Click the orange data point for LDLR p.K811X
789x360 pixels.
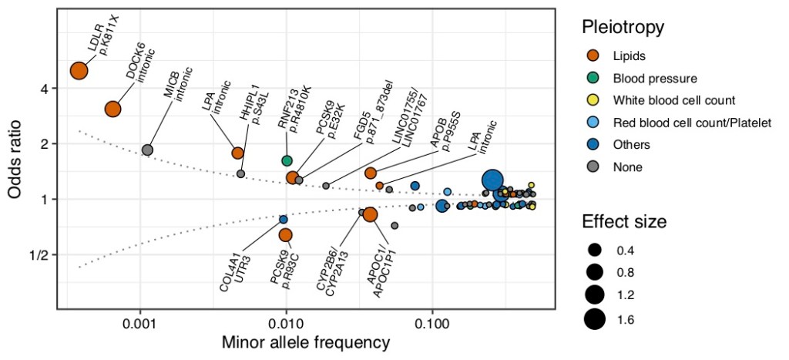[79, 71]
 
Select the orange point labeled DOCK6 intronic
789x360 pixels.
[112, 109]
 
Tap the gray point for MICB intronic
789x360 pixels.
[147, 150]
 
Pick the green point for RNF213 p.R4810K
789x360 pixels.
[287, 160]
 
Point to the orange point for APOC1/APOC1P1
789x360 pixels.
[370, 214]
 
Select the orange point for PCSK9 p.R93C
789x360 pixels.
[285, 234]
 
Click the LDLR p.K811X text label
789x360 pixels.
[102, 34]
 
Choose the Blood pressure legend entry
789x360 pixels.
[655, 78]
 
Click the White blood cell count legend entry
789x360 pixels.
[673, 100]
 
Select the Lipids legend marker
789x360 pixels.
[594, 56]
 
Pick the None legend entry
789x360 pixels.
[627, 167]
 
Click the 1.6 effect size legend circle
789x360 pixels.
[594, 318]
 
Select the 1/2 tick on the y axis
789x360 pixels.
[38, 255]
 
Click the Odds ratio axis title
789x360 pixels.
[16, 160]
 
